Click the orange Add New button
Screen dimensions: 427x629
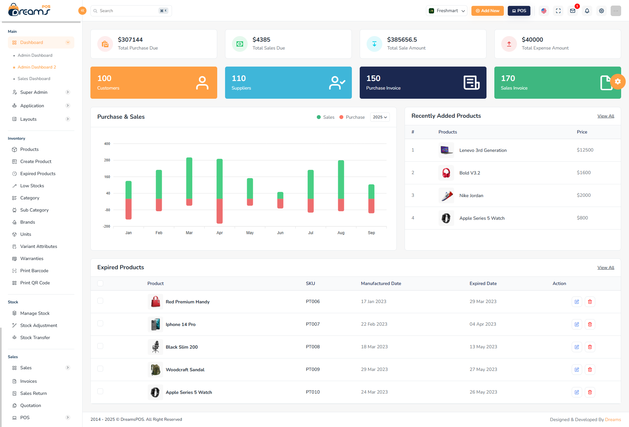coord(487,11)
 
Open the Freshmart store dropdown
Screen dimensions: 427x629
coord(447,11)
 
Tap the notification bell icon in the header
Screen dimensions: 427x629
coord(587,11)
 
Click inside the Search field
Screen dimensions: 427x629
coord(128,11)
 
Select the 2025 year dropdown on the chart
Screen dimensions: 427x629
coord(380,117)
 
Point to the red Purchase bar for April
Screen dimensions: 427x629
coord(219,211)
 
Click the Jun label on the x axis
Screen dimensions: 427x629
coord(280,233)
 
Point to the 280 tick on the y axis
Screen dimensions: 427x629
coord(107,160)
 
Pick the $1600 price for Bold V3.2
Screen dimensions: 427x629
coord(583,173)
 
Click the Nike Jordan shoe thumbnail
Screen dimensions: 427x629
coord(446,195)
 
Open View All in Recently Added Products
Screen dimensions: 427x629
coord(605,116)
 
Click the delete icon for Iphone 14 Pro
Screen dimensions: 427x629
coord(590,324)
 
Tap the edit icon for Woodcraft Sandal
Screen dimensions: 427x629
coord(577,370)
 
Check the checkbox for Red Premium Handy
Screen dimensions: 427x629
coord(100,301)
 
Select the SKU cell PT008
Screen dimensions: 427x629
coord(313,347)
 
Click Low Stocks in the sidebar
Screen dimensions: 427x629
coord(32,186)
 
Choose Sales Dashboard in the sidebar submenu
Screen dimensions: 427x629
coord(34,79)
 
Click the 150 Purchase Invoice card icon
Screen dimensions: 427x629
coord(471,83)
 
